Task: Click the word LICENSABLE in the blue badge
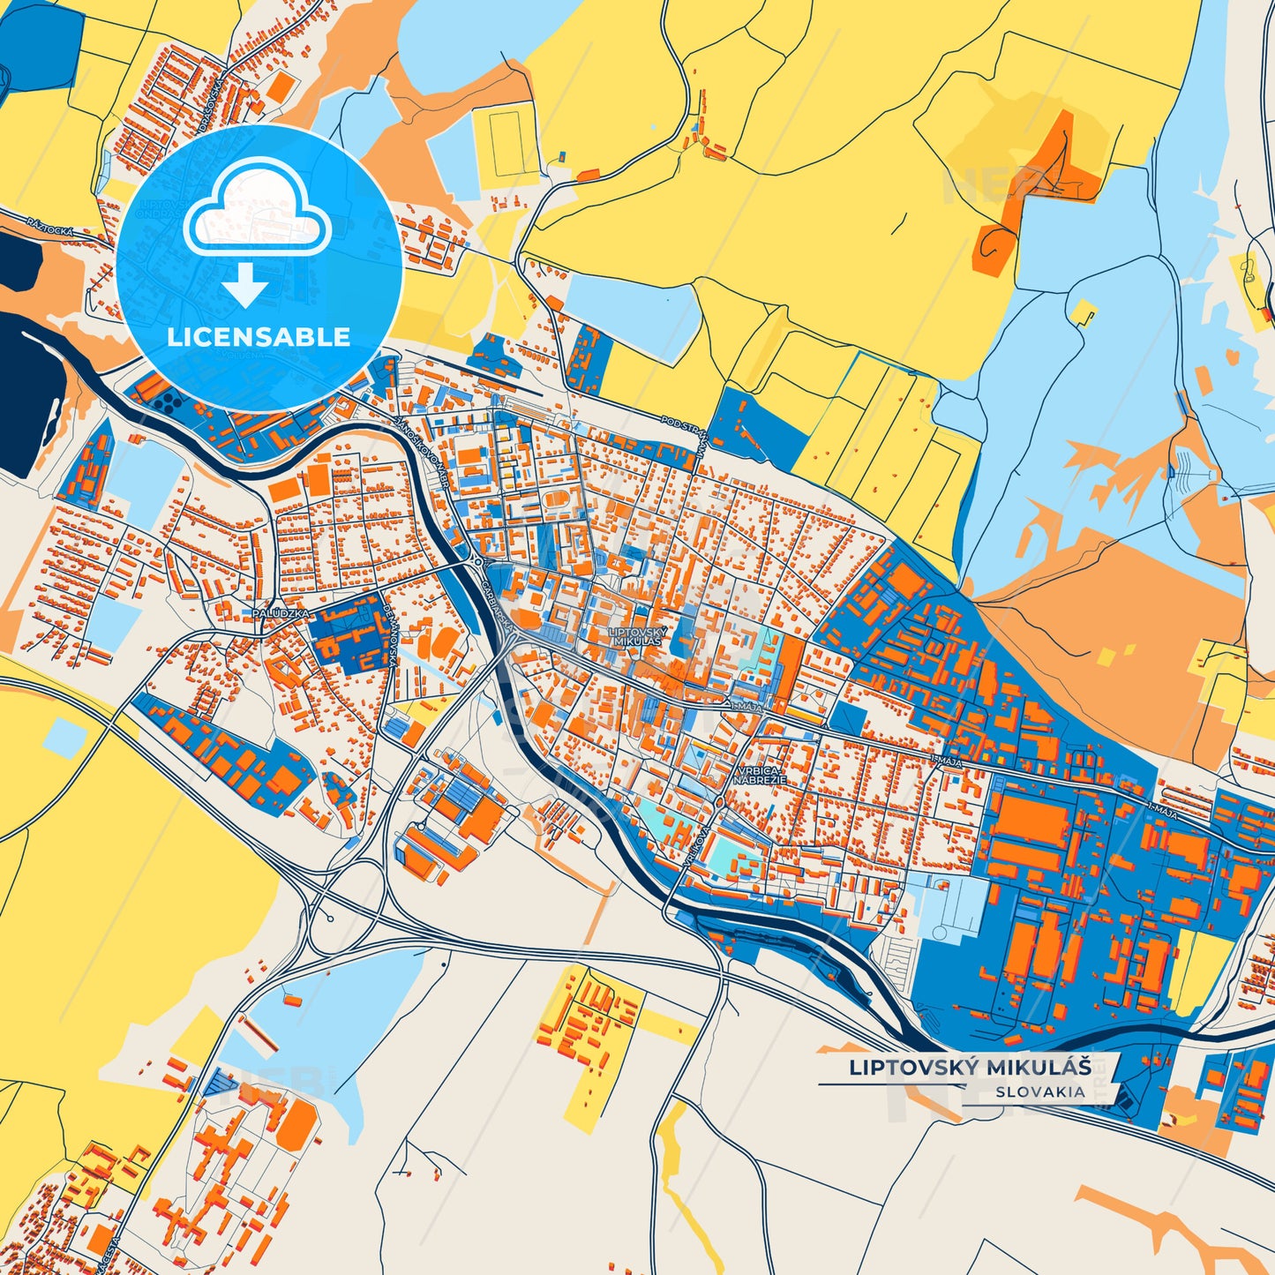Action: point(259,337)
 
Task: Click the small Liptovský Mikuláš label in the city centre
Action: point(638,637)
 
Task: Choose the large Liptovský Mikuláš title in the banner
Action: point(970,1067)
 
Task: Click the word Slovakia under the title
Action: point(1040,1091)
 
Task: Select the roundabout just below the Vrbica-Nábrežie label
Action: point(721,801)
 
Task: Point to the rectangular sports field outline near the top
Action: point(506,141)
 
